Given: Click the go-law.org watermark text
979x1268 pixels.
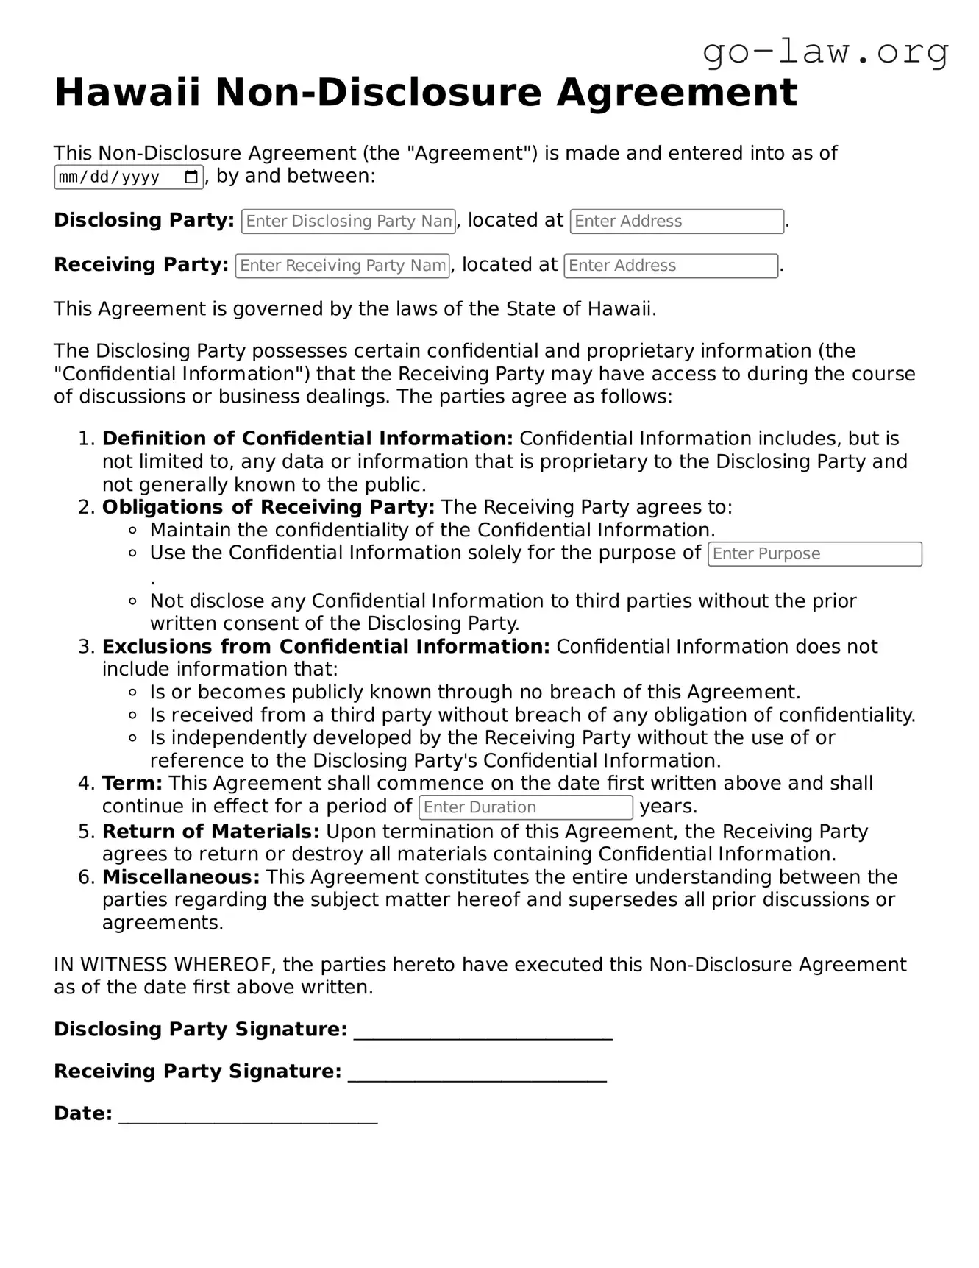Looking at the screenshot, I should click(x=825, y=52).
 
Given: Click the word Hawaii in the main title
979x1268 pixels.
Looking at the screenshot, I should click(x=127, y=93).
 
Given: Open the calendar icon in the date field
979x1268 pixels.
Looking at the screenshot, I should click(x=191, y=177).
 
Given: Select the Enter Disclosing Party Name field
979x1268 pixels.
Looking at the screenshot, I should click(x=348, y=222).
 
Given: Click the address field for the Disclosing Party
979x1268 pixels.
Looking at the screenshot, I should click(x=676, y=222).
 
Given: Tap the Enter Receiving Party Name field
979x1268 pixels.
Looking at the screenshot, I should click(x=342, y=266).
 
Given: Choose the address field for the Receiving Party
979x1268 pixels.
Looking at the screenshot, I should click(x=670, y=266).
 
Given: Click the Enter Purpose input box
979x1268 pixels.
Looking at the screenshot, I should click(x=814, y=554).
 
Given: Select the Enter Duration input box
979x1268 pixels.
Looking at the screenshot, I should click(x=525, y=807).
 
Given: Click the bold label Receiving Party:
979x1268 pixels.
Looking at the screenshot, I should click(x=141, y=265).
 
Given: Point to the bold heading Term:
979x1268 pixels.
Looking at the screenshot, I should click(x=132, y=783).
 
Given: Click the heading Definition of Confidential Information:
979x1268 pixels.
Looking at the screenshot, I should click(x=307, y=439).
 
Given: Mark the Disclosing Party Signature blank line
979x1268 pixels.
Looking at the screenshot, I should click(x=483, y=1030).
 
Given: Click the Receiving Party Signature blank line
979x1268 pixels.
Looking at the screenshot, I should click(x=477, y=1072).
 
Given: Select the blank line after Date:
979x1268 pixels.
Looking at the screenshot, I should click(x=248, y=1114).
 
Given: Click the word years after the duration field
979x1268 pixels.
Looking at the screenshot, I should click(x=668, y=807).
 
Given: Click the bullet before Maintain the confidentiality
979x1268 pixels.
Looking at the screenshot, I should click(x=133, y=531).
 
